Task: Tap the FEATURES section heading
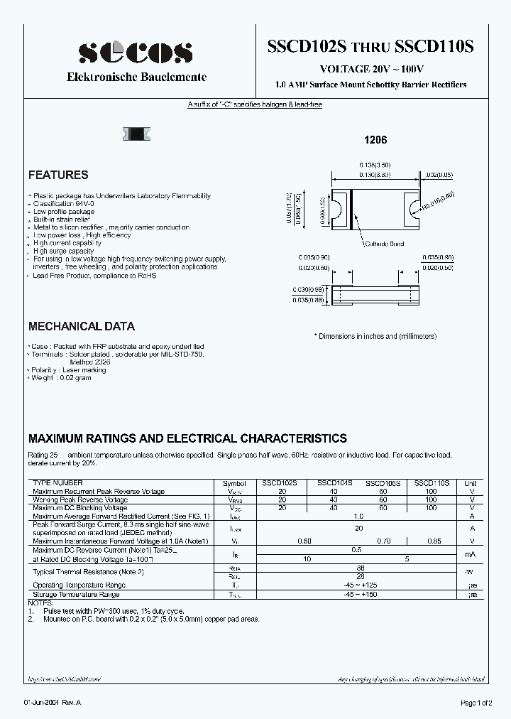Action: (x=58, y=175)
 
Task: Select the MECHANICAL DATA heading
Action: (x=81, y=327)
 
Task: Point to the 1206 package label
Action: (x=375, y=141)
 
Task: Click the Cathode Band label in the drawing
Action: (x=383, y=244)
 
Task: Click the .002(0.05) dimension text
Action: (x=439, y=174)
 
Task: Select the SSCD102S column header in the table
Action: (x=282, y=483)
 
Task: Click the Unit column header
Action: (x=470, y=483)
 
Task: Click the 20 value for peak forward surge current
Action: (x=358, y=528)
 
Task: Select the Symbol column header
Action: (x=234, y=483)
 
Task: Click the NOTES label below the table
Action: (x=40, y=602)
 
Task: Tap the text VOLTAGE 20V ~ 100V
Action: (x=371, y=70)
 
